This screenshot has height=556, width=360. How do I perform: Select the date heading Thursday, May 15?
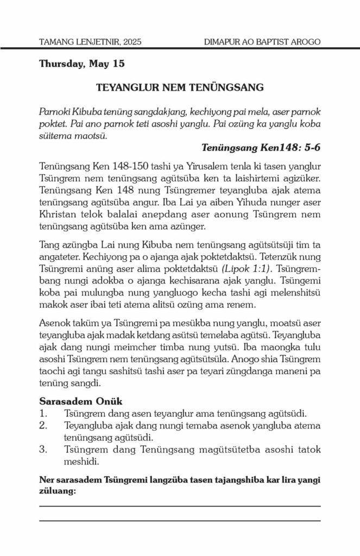click(82, 65)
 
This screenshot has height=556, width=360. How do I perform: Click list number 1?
click(43, 414)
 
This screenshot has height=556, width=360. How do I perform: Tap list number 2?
click(43, 425)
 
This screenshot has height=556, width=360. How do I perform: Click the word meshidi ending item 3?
click(82, 461)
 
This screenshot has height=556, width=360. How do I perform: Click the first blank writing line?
click(180, 506)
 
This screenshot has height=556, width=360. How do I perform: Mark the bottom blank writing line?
click(180, 521)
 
